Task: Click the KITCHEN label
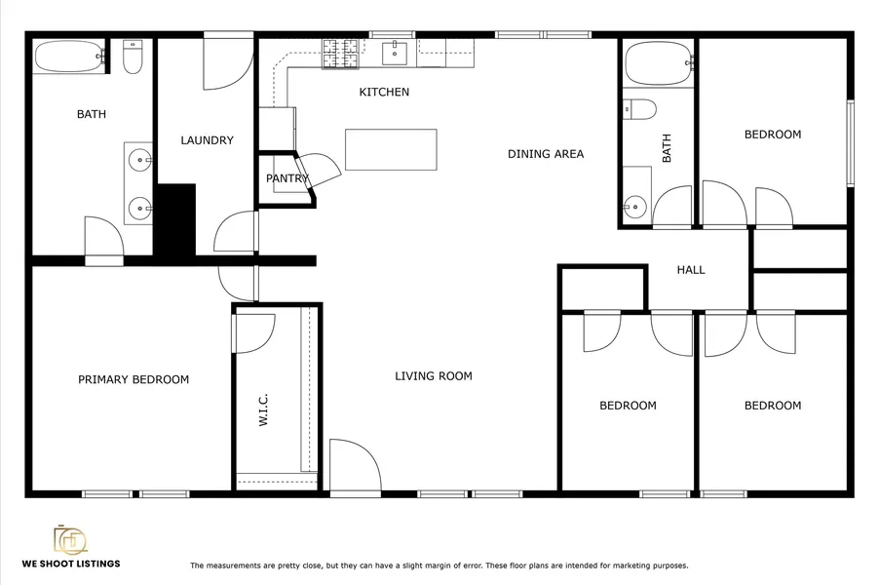tap(384, 92)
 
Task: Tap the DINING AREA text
tap(546, 154)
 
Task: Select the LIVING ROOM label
tap(434, 375)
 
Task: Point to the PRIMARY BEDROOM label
tap(134, 379)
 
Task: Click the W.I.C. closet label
tap(263, 409)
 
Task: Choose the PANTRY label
tap(287, 178)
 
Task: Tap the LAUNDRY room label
tap(207, 140)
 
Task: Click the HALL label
tap(691, 270)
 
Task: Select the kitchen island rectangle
tap(391, 149)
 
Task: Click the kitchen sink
tap(396, 53)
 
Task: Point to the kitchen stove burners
tap(340, 54)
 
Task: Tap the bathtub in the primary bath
tap(70, 57)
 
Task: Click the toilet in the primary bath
tap(133, 58)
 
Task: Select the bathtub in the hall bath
tap(659, 63)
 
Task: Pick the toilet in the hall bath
tap(639, 109)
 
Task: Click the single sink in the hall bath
tap(634, 207)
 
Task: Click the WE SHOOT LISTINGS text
tap(71, 564)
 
